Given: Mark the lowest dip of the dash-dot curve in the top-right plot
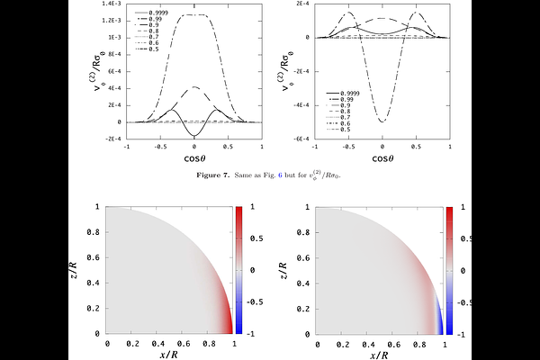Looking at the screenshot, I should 382,121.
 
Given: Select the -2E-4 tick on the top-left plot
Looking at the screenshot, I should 112,138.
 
